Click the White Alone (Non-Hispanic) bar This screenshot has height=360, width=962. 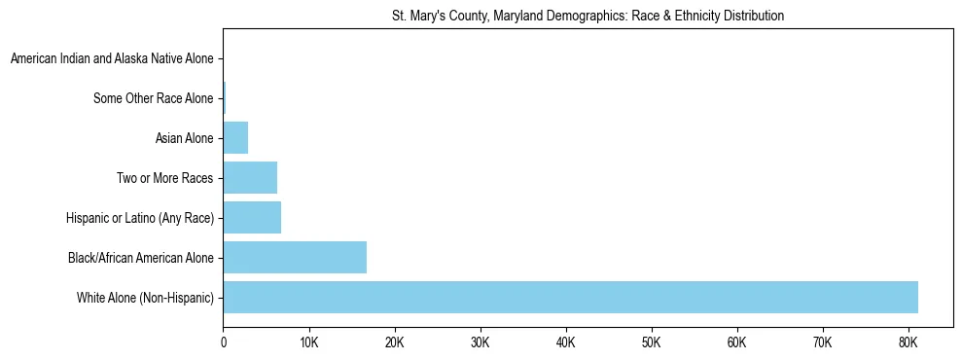(x=570, y=297)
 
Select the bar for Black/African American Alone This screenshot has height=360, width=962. (x=295, y=258)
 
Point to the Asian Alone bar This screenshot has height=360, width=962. (x=235, y=138)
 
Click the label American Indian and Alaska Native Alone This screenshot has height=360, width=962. (x=112, y=59)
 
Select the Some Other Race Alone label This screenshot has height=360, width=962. (x=153, y=98)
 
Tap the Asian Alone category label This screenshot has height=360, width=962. (x=184, y=138)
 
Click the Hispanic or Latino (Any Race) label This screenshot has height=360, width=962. (x=140, y=218)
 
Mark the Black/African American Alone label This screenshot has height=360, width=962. (x=141, y=258)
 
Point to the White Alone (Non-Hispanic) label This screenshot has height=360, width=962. (x=145, y=298)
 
